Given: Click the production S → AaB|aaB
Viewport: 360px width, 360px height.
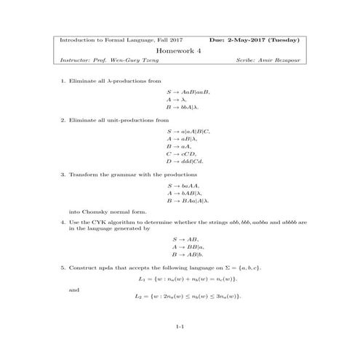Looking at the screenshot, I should pyautogui.click(x=187, y=91).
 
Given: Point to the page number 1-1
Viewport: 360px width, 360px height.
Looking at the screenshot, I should pyautogui.click(x=180, y=329).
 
